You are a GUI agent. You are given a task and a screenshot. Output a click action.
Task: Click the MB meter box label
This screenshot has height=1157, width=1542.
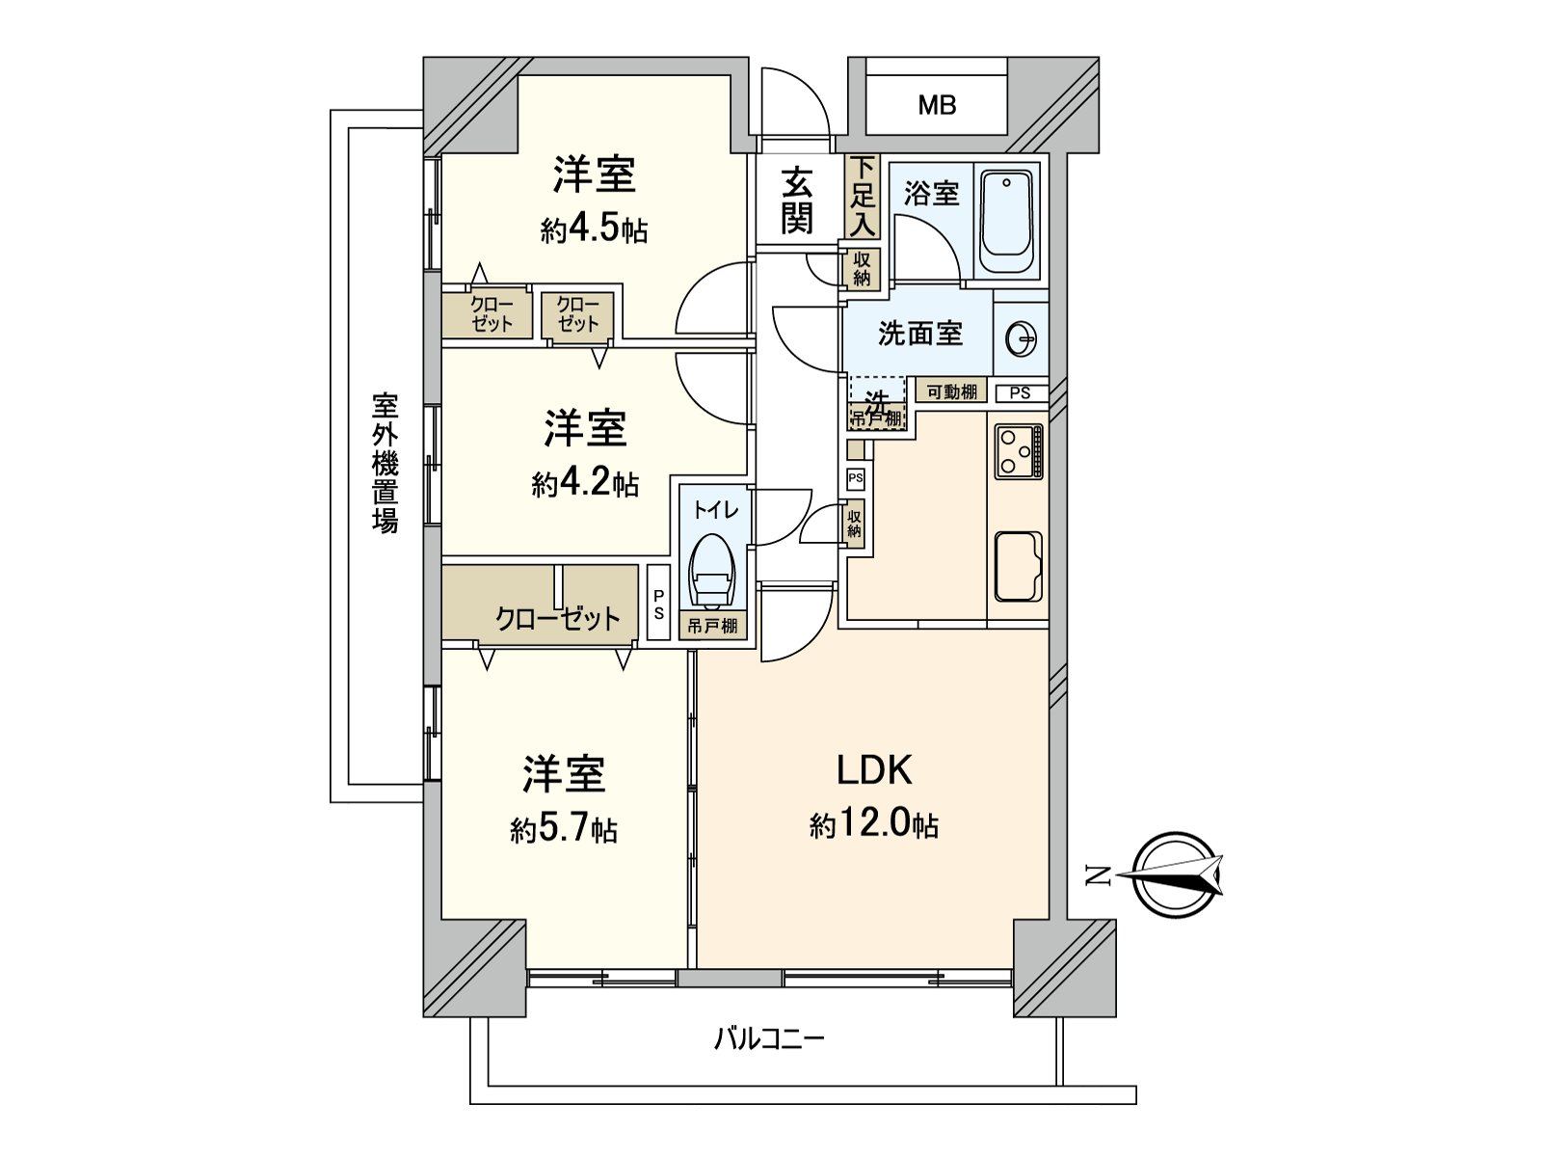point(936,105)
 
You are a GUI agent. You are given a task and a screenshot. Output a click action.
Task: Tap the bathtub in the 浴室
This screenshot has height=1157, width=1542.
point(1007,223)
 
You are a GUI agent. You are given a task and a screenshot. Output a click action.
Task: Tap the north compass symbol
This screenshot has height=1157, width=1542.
point(1176,875)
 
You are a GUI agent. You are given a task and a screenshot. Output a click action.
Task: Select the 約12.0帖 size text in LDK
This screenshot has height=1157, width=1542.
point(873,826)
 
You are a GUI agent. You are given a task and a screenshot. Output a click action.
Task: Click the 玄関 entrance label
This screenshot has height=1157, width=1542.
point(796,201)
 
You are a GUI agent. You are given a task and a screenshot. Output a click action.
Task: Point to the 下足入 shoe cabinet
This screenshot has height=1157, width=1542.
point(863,197)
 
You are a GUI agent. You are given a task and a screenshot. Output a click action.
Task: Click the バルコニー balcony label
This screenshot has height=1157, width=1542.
point(768,1039)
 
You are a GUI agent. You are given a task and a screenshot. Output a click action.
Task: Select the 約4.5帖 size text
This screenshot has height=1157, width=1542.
point(594,230)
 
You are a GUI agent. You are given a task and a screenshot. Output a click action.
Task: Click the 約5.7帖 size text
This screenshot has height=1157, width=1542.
point(564,829)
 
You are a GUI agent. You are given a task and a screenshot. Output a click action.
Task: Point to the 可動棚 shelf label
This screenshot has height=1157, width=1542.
point(951,391)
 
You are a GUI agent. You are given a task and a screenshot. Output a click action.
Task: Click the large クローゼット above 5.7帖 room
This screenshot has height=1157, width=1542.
point(557,617)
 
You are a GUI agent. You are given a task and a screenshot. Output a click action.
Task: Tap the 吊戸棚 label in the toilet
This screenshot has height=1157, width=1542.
point(712,627)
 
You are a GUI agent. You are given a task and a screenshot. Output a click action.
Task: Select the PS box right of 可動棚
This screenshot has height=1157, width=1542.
point(1020,392)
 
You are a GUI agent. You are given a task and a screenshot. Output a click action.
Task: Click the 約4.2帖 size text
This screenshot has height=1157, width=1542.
point(585,483)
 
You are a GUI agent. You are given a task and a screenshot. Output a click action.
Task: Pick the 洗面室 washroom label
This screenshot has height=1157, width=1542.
point(919,334)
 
